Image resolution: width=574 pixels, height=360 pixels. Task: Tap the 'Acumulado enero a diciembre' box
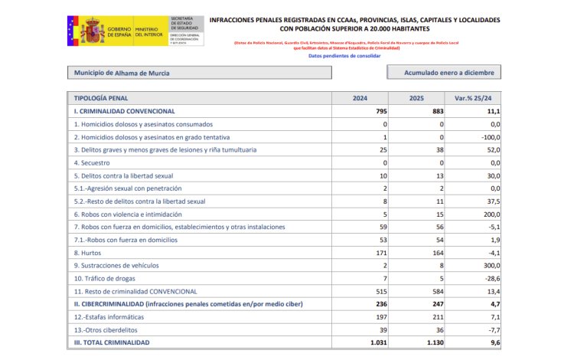pos(443,73)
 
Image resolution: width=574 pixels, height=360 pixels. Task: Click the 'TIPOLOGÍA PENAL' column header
pos(101,98)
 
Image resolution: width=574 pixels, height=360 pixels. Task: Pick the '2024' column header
pos(360,98)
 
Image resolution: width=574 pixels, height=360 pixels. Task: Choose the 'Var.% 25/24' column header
pos(474,98)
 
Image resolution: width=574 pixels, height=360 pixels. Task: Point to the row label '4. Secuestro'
pos(92,162)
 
